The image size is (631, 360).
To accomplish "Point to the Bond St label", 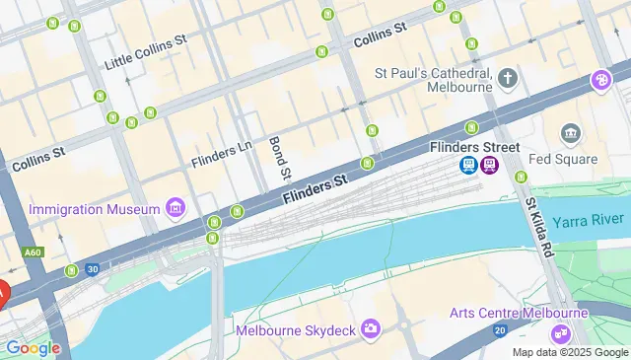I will [278, 159].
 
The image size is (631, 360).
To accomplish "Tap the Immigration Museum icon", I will [175, 208].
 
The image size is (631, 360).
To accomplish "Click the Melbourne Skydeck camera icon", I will [371, 328].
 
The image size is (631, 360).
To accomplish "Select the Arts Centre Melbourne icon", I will [561, 333].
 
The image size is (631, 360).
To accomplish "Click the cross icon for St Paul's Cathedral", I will [508, 78].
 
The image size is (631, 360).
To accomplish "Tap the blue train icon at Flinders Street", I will [468, 166].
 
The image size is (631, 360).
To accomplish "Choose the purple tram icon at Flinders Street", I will [490, 166].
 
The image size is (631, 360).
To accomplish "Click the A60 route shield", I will [34, 252].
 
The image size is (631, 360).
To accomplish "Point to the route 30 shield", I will [92, 267].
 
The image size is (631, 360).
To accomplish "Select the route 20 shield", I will [500, 329].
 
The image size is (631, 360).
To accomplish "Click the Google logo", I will [33, 347].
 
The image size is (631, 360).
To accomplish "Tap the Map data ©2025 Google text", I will [569, 352].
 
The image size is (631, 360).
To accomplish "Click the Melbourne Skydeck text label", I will [295, 328].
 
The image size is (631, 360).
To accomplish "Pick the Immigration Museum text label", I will [95, 209].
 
